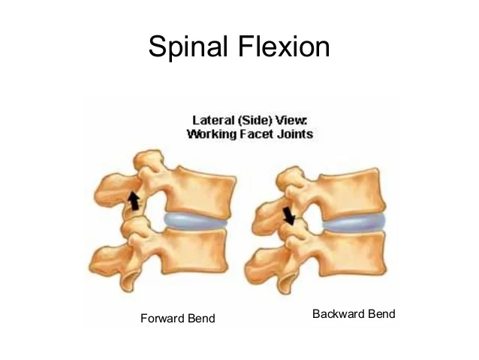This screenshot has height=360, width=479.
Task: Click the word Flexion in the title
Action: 286,47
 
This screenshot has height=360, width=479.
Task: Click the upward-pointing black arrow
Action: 134,200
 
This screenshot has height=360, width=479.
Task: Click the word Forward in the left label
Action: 162,319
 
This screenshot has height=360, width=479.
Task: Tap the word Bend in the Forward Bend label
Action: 200,319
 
